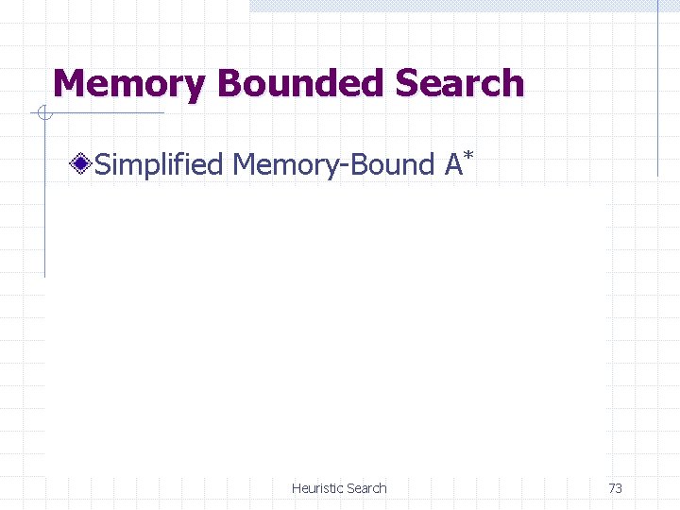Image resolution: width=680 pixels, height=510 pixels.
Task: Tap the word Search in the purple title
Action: (x=459, y=84)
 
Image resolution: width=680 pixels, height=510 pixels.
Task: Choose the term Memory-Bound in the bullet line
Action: (x=332, y=165)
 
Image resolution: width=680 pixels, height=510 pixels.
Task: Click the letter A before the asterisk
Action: (x=453, y=165)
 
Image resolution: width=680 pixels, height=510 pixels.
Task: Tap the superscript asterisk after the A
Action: (x=467, y=155)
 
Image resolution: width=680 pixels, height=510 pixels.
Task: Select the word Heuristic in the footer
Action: (x=317, y=488)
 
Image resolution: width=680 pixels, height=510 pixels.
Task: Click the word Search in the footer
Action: (x=366, y=488)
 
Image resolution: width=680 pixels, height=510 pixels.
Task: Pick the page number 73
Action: (x=615, y=488)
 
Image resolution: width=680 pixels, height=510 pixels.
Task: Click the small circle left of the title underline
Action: (x=43, y=114)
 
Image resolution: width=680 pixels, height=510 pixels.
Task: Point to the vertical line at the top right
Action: (x=657, y=85)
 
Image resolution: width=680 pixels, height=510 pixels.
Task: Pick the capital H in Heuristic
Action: (x=297, y=488)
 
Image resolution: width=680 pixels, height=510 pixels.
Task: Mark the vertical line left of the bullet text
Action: (x=44, y=198)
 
